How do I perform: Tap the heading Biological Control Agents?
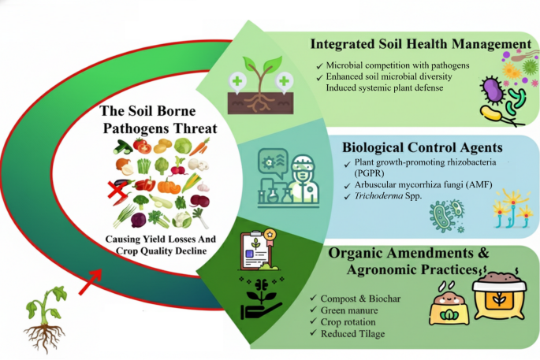pos(418,147)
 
